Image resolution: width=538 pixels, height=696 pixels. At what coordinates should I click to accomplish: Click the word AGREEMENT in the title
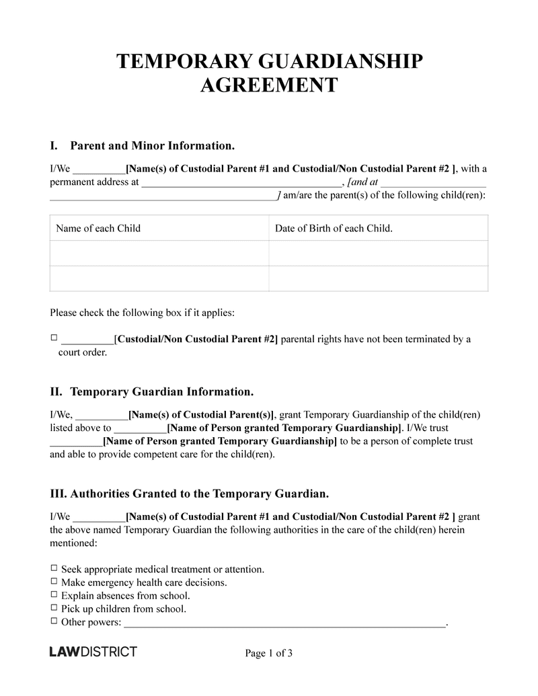[x=269, y=86]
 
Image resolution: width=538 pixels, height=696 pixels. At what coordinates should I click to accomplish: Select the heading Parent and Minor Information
[x=152, y=145]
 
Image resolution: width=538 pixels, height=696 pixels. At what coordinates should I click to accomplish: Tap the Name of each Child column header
[x=98, y=228]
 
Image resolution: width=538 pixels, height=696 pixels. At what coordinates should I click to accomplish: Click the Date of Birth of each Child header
[x=334, y=228]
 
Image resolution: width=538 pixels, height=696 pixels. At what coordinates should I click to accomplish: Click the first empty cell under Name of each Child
[x=159, y=254]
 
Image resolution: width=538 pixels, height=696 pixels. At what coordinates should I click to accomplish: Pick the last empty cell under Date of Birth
[x=378, y=278]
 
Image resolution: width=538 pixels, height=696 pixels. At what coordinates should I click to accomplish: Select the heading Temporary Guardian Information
[x=161, y=391]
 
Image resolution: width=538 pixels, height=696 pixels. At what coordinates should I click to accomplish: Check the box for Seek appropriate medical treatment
[x=54, y=568]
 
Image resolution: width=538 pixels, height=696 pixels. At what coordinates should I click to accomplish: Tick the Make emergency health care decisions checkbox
[x=54, y=582]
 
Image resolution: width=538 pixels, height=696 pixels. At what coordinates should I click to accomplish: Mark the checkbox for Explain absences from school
[x=54, y=595]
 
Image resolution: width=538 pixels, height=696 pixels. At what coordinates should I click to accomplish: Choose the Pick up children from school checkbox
[x=54, y=609]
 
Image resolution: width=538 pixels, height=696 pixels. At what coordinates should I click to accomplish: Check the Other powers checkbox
[x=54, y=621]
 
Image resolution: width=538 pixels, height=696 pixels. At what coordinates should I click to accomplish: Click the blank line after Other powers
[x=285, y=624]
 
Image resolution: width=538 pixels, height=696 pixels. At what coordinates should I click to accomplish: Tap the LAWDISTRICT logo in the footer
[x=93, y=652]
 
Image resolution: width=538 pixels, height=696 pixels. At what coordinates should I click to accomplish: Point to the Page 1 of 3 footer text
[x=268, y=653]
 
